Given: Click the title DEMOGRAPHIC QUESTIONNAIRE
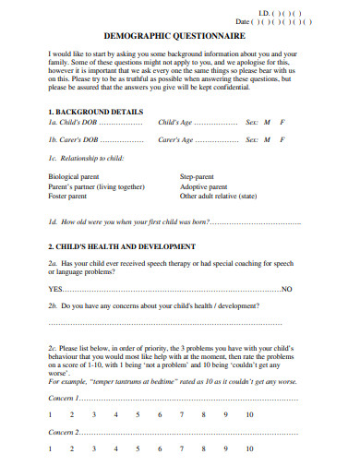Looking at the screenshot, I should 180,33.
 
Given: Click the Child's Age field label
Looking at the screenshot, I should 176,122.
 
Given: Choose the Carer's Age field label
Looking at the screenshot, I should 176,140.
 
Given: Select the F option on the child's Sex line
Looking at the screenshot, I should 282,122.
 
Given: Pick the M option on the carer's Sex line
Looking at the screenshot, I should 266,140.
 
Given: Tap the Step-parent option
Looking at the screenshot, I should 199,176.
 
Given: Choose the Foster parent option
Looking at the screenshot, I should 69,196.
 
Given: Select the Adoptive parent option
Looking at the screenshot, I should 205,186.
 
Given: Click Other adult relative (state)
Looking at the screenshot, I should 218,196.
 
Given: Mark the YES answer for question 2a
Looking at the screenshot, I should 54,288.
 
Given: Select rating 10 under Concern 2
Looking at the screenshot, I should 250,449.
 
